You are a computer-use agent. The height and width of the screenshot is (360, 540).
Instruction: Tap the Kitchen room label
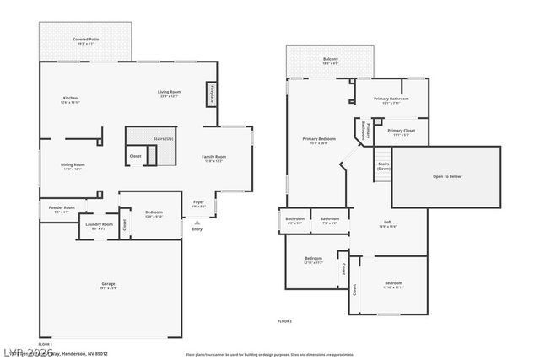coord(70,99)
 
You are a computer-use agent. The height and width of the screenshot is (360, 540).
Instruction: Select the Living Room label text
coord(169,92)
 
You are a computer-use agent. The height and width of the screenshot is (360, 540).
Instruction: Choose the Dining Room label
coord(73,164)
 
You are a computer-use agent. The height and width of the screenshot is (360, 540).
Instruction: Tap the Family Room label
coord(213,157)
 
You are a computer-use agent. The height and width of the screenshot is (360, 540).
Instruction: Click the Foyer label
coord(198,202)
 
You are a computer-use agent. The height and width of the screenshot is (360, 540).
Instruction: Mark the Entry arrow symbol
coord(197,222)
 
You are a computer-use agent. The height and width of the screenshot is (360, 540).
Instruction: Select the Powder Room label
coord(62,207)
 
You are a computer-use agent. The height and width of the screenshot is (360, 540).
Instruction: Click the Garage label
coord(108,284)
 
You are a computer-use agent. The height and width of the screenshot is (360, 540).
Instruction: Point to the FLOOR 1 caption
coord(46,344)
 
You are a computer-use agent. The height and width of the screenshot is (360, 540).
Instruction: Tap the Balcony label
coord(331,59)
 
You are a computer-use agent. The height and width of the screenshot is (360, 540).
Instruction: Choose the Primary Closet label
coord(401,131)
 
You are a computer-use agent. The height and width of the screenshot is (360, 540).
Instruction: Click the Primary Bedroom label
coord(320,138)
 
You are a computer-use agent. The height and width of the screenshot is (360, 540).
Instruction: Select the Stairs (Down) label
coord(383,165)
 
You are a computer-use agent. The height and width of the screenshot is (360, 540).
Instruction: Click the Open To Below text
coord(446,176)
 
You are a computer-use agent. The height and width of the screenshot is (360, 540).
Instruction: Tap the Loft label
coord(388,223)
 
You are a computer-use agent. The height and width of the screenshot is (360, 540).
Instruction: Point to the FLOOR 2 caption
coord(284,321)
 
